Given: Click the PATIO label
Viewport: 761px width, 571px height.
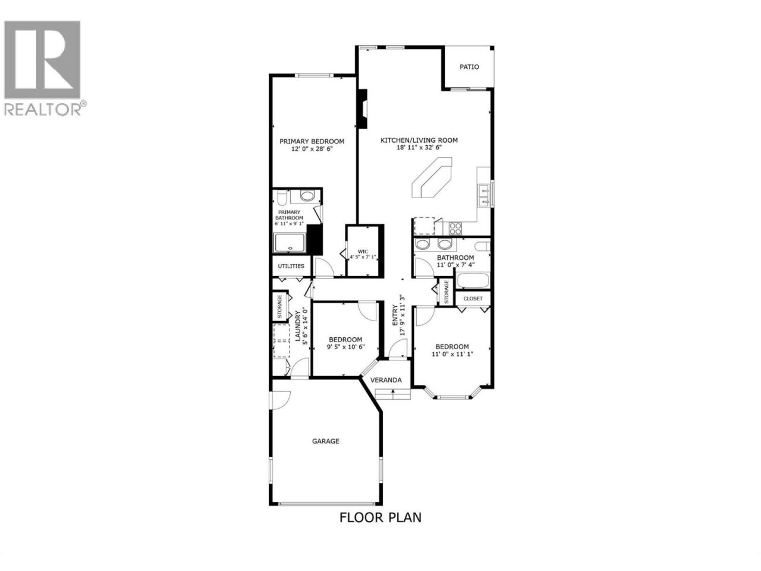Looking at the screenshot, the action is click(x=469, y=67).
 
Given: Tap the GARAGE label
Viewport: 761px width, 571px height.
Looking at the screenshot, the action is click(x=326, y=441).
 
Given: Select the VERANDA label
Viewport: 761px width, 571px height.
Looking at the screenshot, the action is click(x=386, y=380).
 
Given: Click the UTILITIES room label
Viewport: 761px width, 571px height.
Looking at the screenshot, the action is click(x=291, y=266).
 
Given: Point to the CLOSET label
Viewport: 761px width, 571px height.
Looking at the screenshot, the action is click(x=473, y=298).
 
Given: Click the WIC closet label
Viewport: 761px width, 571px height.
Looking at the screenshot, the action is click(x=363, y=252).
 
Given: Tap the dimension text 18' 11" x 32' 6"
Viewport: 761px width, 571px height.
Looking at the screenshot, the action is click(x=419, y=148).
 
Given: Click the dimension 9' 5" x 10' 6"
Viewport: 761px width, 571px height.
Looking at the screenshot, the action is click(x=345, y=347).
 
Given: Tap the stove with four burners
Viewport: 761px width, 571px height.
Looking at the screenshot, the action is click(x=455, y=228).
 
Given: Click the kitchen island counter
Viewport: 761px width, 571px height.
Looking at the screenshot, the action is click(x=432, y=177).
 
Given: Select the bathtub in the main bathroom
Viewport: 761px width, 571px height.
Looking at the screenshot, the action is click(x=473, y=280).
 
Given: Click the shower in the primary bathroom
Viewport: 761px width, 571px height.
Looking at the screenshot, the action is click(x=290, y=243).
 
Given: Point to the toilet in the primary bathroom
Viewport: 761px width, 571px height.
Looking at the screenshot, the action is click(x=281, y=197).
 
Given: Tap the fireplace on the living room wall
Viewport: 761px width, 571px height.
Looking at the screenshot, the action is click(x=363, y=109).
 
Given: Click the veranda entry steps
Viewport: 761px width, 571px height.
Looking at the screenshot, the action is click(x=393, y=394).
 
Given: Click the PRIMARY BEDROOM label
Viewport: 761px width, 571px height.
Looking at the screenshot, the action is click(x=312, y=142).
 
